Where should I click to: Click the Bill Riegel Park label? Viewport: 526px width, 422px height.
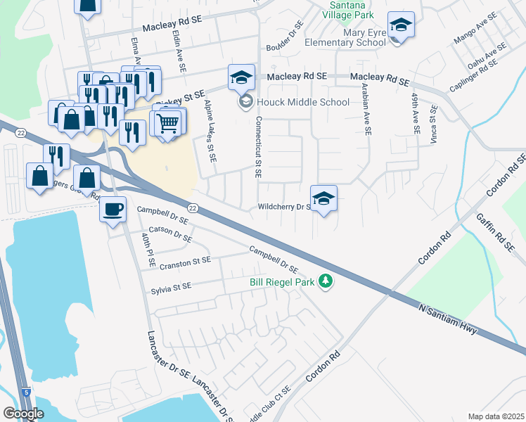coord(283,282)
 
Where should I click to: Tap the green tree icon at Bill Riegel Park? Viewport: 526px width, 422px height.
coord(325,281)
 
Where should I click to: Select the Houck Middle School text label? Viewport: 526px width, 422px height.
coord(302,102)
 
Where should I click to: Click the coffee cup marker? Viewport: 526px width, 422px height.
coord(113,208)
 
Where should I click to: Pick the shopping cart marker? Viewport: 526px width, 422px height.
coord(168,124)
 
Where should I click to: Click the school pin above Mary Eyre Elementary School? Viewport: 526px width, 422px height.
coord(401,25)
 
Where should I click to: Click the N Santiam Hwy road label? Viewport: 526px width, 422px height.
coord(447,319)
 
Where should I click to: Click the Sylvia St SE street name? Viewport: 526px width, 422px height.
coord(171,288)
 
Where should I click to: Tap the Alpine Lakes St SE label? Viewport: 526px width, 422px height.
coord(208,131)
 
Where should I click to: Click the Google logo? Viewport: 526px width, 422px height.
coord(23,414)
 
